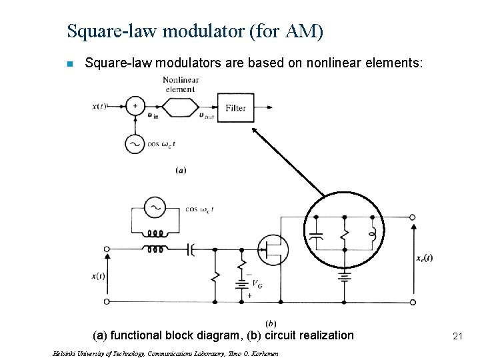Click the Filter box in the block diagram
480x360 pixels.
[x=235, y=108]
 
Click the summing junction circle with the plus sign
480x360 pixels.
[x=135, y=106]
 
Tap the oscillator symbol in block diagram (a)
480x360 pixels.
[x=135, y=144]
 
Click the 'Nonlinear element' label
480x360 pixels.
[x=180, y=84]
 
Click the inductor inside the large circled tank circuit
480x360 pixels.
[x=373, y=234]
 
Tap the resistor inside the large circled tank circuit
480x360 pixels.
[x=344, y=235]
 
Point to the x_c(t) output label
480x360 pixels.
[x=424, y=258]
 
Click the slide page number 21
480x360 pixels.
[x=457, y=337]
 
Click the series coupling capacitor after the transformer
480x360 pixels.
[x=191, y=249]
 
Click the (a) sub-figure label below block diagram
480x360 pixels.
[x=181, y=170]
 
